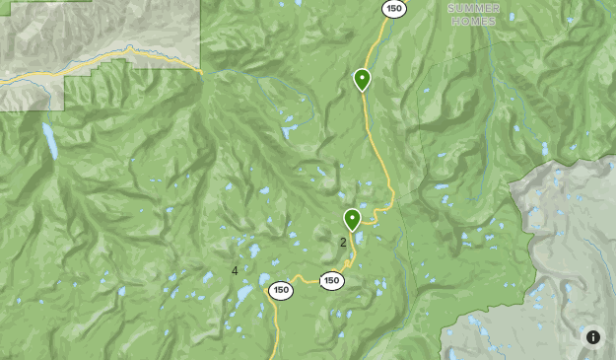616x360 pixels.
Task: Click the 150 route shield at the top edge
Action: pos(394,9)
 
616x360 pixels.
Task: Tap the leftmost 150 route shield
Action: pos(281,290)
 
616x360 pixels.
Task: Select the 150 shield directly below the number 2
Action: pos(332,280)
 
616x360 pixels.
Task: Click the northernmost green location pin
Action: pos(362,79)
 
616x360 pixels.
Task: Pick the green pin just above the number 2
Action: pos(352,220)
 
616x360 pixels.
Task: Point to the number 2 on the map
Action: pos(343,242)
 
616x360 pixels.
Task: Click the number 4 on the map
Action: pos(235,270)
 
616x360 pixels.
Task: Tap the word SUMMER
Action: pos(472,8)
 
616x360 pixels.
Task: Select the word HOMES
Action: pos(472,21)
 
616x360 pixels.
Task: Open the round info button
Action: pos(593,337)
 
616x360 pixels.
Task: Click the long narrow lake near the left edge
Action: pos(48,141)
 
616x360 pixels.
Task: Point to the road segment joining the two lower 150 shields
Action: pos(307,283)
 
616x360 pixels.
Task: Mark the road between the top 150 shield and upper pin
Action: pos(375,44)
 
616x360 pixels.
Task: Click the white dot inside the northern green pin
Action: pos(362,76)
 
